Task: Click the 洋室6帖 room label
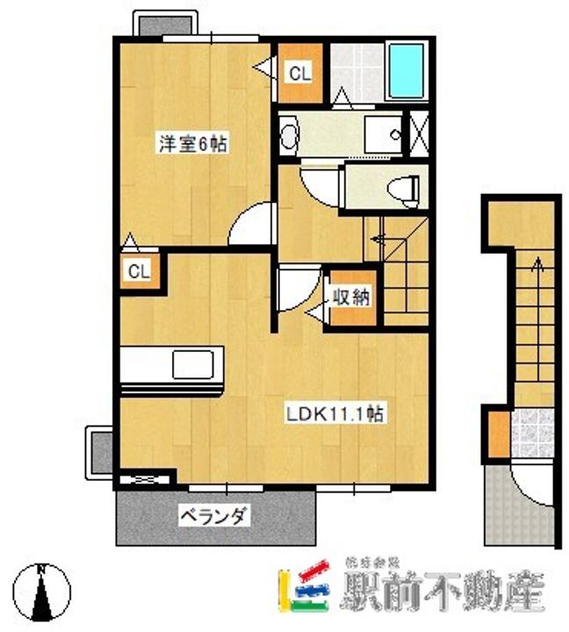tap(191, 144)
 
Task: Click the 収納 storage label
tap(349, 297)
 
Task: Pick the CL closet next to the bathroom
tap(299, 74)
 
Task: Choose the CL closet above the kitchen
tap(139, 271)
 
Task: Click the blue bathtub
tap(406, 68)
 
